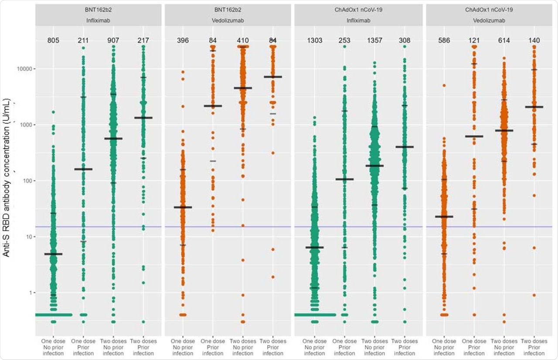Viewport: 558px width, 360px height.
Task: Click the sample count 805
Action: tap(53, 41)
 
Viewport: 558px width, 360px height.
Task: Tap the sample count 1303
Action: tap(314, 41)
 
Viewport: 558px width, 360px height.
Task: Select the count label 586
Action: tap(444, 41)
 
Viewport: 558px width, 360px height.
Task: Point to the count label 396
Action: tap(183, 41)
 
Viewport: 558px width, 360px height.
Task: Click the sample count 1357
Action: tap(374, 41)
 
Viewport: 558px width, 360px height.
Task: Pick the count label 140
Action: tap(534, 41)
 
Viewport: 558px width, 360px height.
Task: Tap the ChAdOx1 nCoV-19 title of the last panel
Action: tap(490, 9)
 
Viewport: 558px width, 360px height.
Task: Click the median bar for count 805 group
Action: tap(53, 254)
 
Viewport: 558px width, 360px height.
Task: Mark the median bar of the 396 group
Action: tap(183, 207)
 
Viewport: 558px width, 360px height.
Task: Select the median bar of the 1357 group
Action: tap(374, 166)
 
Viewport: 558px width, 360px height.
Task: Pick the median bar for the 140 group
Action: tap(534, 107)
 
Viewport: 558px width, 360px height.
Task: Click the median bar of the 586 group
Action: tap(444, 217)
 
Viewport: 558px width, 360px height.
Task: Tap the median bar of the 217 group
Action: tap(143, 118)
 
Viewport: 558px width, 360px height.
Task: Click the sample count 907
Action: tap(113, 41)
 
